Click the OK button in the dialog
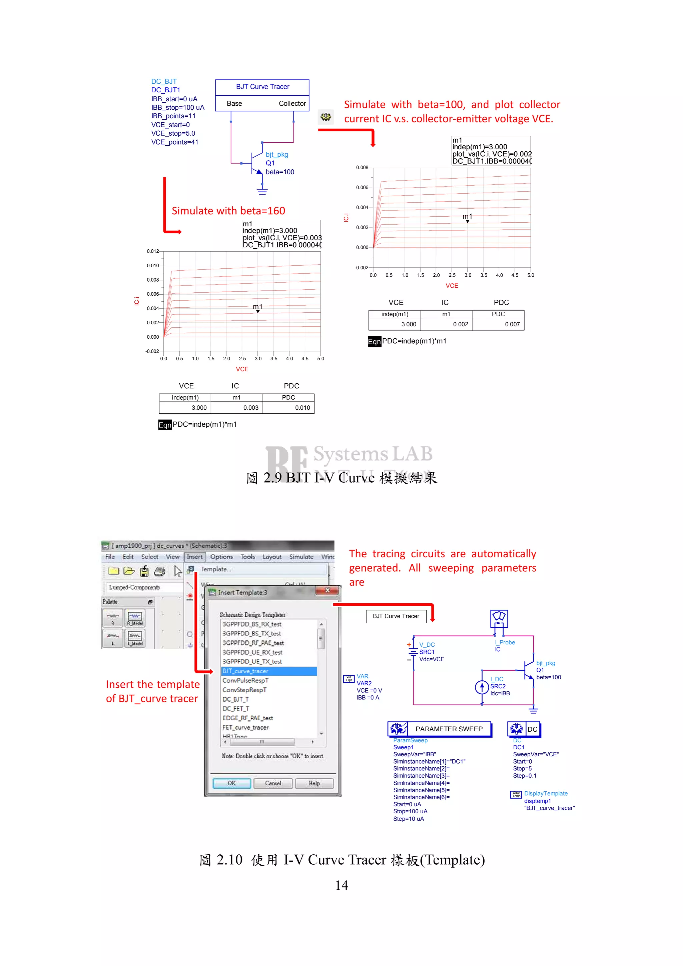tap(231, 783)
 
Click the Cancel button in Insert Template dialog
tap(273, 783)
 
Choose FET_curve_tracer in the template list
tap(245, 727)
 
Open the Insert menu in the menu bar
tap(194, 557)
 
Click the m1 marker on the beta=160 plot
tap(257, 311)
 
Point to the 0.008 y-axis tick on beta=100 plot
tap(362, 167)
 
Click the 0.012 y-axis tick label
tap(153, 251)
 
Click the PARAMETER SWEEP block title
tap(449, 729)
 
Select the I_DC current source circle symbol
tap(482, 687)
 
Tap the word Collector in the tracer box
tap(292, 103)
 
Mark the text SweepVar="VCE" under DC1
tap(535, 754)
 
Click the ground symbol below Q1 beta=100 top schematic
tap(262, 192)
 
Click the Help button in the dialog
tap(314, 783)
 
